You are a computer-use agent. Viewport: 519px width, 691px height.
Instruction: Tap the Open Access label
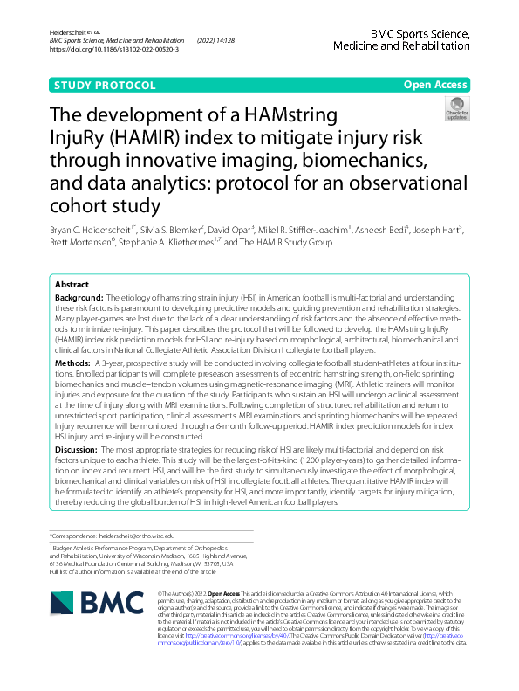435,86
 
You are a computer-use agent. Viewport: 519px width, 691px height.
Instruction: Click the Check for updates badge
456,109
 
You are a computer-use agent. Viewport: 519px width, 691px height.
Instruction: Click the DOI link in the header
114,50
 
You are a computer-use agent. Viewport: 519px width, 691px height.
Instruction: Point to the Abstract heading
72,286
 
